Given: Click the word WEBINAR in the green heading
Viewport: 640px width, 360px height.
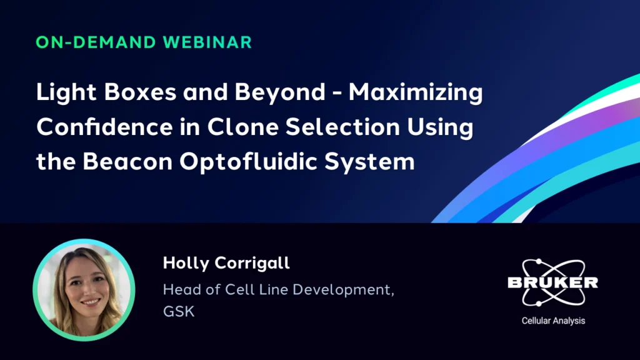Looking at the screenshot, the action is tap(207, 42).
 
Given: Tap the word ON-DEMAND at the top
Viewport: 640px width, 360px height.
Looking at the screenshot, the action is tap(96, 42).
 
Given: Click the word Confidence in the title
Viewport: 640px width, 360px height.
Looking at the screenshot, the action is tap(104, 126).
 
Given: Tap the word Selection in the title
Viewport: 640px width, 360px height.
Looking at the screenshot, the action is tap(342, 126).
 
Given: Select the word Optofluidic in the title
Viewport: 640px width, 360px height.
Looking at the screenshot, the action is tap(248, 162).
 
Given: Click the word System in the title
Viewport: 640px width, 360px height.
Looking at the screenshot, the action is tap(369, 162).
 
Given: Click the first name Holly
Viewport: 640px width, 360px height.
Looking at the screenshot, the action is tap(186, 264).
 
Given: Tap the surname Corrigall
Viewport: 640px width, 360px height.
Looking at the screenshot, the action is tap(252, 264).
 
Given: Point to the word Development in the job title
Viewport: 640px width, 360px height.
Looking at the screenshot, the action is tap(343, 290).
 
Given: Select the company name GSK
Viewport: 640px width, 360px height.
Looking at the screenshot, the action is tap(179, 311).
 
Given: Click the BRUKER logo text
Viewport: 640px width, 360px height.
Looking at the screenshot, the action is tap(553, 282).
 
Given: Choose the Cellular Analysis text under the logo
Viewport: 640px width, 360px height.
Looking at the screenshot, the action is tap(554, 321).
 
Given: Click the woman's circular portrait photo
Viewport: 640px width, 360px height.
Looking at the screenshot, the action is tap(84, 290).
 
